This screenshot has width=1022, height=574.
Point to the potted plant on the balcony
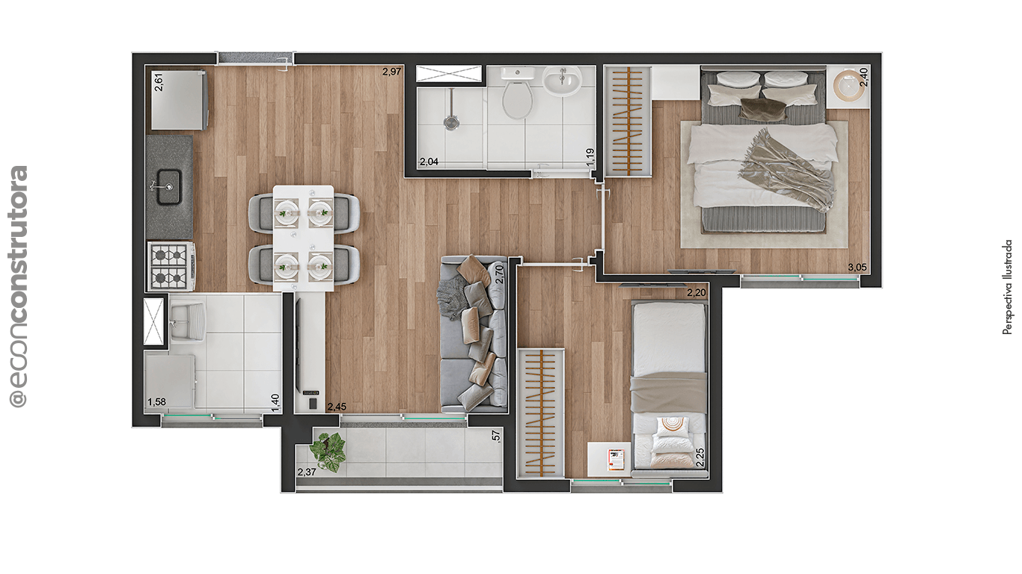point(328,451)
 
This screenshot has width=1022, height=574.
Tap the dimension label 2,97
point(392,72)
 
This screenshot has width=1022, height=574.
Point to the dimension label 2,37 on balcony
point(307,472)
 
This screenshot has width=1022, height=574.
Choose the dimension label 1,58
point(156,402)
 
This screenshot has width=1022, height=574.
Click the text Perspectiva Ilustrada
point(1008,287)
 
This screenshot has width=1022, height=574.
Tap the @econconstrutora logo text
point(19,287)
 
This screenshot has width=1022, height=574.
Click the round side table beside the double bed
point(848,84)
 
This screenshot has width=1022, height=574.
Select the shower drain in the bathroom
point(450,121)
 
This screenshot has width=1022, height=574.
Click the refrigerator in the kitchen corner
point(180,99)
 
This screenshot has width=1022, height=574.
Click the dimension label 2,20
point(696,293)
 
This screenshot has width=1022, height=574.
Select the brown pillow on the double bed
point(763,110)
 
